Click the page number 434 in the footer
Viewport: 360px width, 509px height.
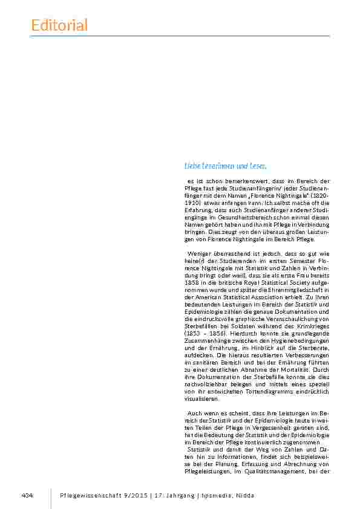[x=27, y=496]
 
